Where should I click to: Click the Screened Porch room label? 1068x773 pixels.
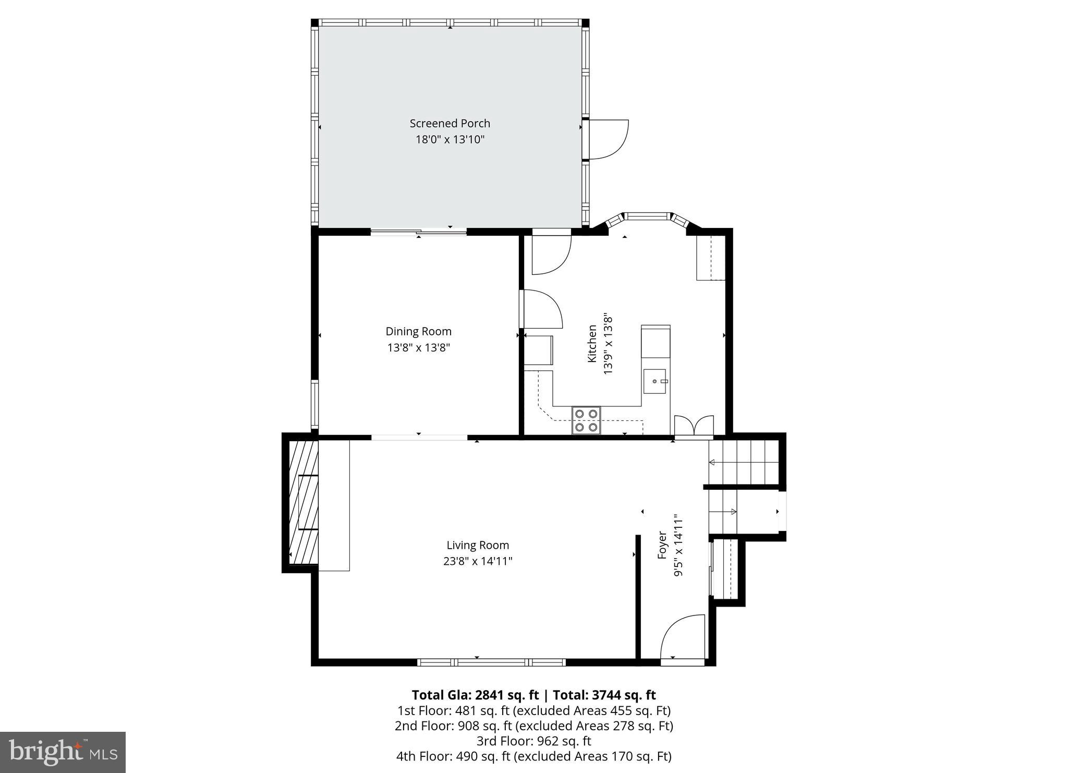[450, 124]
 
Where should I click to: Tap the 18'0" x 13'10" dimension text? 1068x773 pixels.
[450, 140]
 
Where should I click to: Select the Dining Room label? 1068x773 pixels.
[418, 331]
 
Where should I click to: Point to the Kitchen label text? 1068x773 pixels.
[592, 344]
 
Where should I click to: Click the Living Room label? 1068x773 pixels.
[477, 545]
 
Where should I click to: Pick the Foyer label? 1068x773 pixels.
[662, 545]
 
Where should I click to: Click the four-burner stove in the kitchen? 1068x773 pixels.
[586, 420]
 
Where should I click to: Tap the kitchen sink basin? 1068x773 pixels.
[655, 381]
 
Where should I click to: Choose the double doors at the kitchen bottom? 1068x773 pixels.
[694, 425]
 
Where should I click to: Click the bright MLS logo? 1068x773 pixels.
[63, 752]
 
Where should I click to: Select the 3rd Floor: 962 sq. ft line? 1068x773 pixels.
[533, 741]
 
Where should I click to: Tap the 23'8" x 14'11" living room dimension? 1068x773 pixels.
[477, 561]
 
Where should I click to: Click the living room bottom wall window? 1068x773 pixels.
[491, 662]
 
